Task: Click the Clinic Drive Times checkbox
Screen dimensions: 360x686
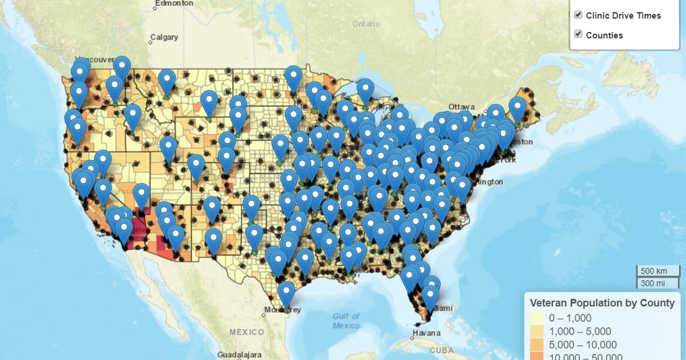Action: (x=578, y=15)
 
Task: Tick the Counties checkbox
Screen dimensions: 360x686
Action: (x=578, y=34)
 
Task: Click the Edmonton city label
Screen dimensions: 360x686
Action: (x=174, y=3)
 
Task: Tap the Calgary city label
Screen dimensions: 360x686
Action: (x=164, y=38)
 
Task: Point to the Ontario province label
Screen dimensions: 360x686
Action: (x=366, y=24)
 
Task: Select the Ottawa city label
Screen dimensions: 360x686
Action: (x=461, y=107)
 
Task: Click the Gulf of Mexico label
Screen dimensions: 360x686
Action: (x=346, y=321)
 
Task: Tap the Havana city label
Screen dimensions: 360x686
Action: (x=428, y=333)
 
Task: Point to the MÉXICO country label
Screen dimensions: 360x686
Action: (x=247, y=332)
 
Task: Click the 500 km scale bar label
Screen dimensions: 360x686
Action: (x=653, y=271)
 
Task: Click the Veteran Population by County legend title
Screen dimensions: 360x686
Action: (x=603, y=303)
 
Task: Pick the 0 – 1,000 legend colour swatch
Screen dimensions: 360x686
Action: (x=536, y=318)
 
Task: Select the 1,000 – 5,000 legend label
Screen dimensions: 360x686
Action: (x=580, y=331)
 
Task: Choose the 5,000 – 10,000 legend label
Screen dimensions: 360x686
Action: (x=583, y=345)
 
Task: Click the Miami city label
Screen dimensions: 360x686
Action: (x=442, y=308)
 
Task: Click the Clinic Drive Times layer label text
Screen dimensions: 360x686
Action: (x=623, y=15)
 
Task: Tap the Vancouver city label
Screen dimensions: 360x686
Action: (x=92, y=60)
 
